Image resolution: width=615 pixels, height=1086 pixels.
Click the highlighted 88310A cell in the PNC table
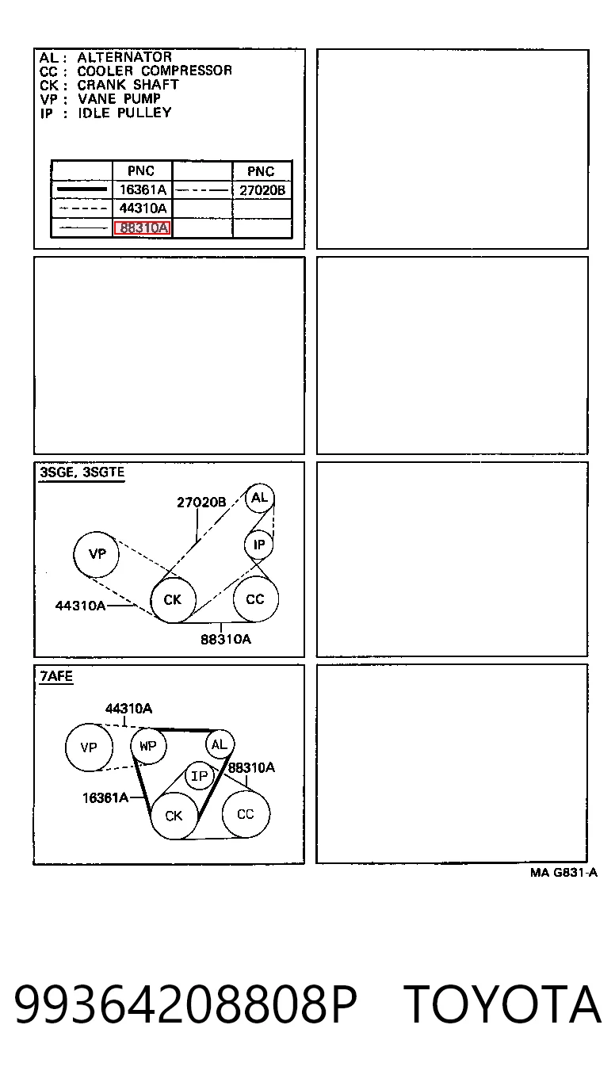point(142,228)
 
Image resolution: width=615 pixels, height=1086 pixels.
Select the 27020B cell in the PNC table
point(262,190)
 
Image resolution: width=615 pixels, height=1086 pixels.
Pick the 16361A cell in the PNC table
point(143,189)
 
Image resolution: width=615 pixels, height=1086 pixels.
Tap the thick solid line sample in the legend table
point(82,189)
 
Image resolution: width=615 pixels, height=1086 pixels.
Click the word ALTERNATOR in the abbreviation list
point(124,57)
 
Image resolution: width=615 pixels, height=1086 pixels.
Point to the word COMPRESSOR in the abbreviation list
point(186,71)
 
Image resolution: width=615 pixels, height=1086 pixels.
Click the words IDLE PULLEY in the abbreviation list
point(124,113)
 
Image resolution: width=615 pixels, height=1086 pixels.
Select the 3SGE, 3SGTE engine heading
point(82,472)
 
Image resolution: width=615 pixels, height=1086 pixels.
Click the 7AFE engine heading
point(56,675)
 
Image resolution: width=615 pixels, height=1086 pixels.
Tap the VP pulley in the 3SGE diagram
point(96,554)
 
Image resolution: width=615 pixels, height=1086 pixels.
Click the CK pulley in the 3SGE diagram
point(173,600)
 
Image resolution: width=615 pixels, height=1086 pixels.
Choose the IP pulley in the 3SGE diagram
point(259,545)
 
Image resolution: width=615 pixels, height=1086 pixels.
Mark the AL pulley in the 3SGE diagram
point(260,498)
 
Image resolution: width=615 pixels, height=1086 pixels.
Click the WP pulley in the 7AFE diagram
point(148,746)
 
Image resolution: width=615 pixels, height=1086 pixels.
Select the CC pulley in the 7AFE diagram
point(246,814)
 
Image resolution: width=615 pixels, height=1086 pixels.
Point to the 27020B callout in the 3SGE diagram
point(201,503)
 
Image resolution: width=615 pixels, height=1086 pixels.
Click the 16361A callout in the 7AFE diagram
point(105,797)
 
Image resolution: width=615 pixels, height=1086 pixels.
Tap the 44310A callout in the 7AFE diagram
point(129,709)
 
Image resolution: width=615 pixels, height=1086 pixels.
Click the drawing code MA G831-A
point(563,873)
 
